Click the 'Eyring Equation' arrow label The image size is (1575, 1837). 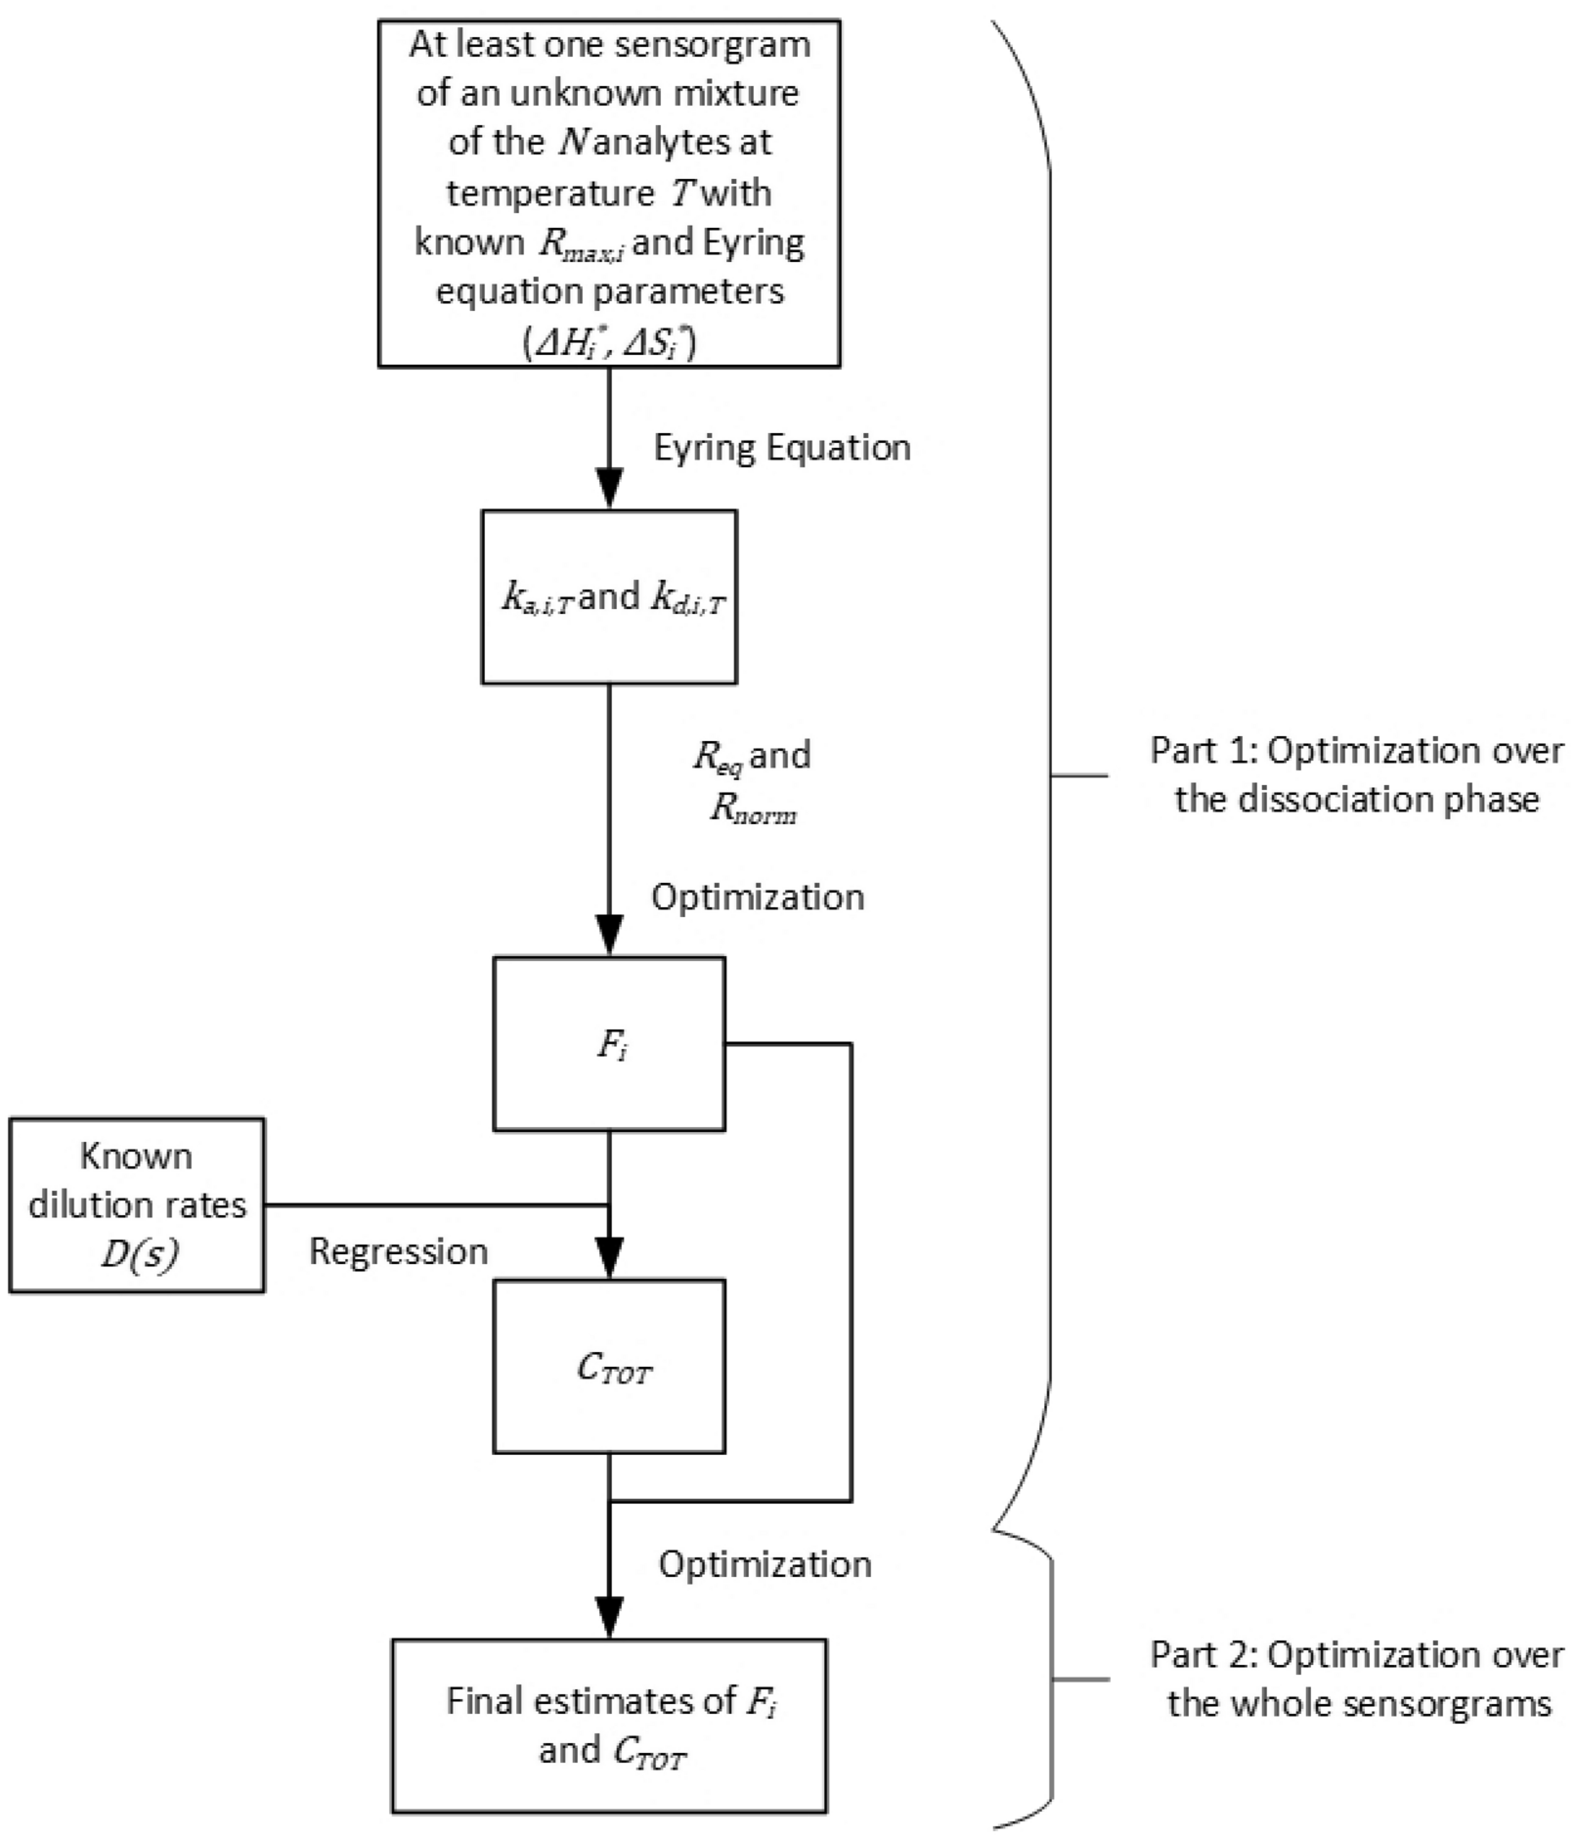[781, 448]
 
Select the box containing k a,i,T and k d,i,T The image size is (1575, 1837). [608, 596]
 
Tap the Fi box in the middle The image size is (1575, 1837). [608, 1044]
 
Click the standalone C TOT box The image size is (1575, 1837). [608, 1366]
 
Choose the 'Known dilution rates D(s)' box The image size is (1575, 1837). [137, 1204]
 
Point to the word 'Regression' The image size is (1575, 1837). [398, 1251]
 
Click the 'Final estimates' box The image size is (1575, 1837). [608, 1727]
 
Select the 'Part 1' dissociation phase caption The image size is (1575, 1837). [1355, 774]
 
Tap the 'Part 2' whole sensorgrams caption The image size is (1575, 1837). [1357, 1679]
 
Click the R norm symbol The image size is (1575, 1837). [753, 809]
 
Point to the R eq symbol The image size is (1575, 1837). [718, 757]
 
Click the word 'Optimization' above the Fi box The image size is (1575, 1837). [758, 897]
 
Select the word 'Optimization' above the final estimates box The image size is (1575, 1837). [765, 1564]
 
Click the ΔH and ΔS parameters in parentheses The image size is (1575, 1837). [608, 343]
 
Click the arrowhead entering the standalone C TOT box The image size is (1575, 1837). [609, 1257]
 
